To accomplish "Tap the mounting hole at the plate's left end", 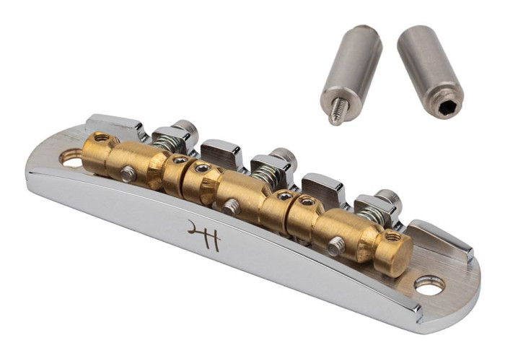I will [x=71, y=157].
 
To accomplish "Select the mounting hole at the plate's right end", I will [x=429, y=286].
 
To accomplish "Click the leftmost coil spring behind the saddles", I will [x=167, y=144].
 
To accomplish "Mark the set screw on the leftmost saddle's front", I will [x=128, y=173].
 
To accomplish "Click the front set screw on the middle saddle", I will [x=231, y=207].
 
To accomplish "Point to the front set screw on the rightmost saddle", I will [x=335, y=247].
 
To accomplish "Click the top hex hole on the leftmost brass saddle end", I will [x=101, y=136].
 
